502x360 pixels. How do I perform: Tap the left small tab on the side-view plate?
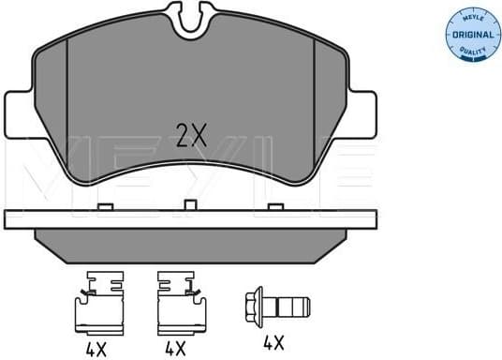pyautogui.click(x=105, y=206)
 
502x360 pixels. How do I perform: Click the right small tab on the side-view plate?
pyautogui.click(x=273, y=206)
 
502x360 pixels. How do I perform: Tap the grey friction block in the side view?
pyautogui.click(x=191, y=247)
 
